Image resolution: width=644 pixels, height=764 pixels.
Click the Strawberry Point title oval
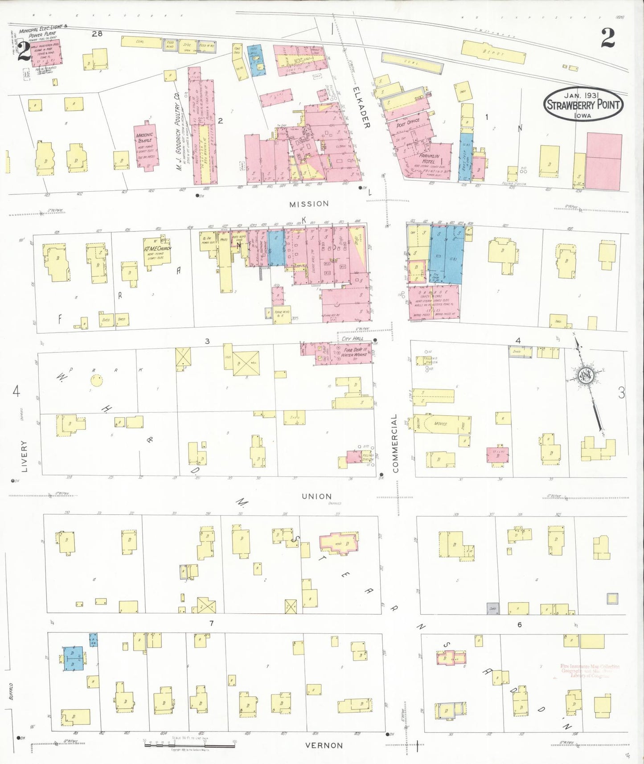pos(582,104)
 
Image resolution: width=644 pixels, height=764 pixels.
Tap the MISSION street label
pos(309,204)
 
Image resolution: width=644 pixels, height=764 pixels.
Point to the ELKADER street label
pos(361,107)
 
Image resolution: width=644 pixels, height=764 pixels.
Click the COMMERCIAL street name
pos(395,443)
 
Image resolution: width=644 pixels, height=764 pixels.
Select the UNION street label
pos(316,496)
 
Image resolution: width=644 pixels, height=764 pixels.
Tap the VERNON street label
pos(324,745)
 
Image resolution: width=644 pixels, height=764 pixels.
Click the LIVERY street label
pos(24,456)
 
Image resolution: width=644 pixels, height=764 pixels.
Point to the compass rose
pos(584,376)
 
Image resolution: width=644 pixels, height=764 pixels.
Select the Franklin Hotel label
pos(426,159)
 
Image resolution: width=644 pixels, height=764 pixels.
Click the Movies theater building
pos(441,424)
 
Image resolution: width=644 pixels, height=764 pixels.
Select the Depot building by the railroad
pos(492,54)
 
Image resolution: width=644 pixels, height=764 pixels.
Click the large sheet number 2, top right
pos(608,38)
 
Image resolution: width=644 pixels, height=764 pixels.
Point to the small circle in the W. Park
pos(96,380)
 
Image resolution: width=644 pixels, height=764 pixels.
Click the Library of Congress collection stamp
pos(590,671)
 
